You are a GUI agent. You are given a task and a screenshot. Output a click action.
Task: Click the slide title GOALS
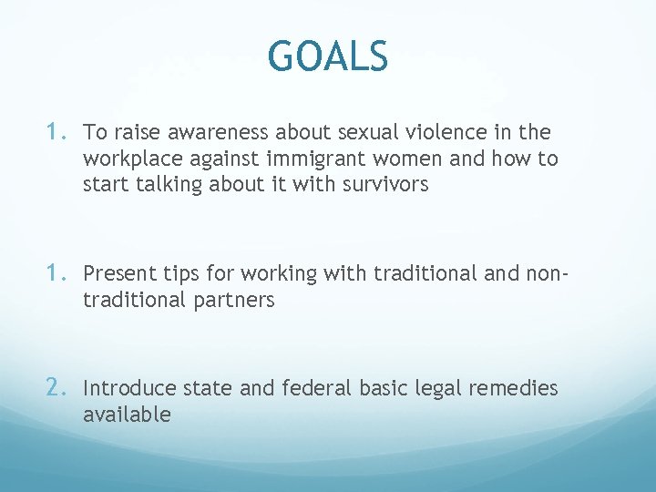328,56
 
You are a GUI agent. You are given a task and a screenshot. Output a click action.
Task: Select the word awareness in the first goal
204,132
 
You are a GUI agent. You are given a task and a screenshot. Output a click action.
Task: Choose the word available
127,415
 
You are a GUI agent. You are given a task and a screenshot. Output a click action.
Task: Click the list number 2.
56,387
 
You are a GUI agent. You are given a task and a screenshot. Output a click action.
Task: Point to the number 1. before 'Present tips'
56,272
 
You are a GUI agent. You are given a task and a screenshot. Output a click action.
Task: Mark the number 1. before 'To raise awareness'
56,131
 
